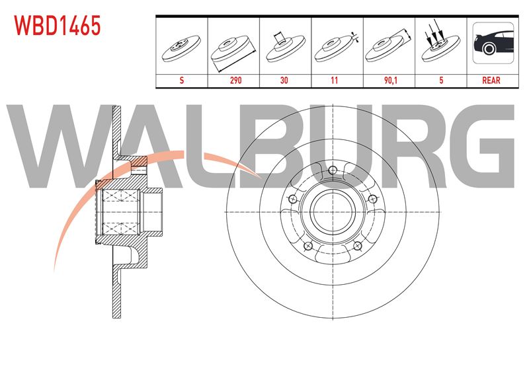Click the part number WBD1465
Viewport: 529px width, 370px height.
pos(58,26)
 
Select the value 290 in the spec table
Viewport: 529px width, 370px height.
pos(235,80)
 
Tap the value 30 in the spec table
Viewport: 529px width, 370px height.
pos(284,80)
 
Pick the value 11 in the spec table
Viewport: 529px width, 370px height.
pos(334,80)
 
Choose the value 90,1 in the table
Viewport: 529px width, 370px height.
pos(390,80)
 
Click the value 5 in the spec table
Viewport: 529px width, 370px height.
pos(441,80)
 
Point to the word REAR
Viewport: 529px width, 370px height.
pos(491,80)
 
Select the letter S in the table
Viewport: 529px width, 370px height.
pos(182,80)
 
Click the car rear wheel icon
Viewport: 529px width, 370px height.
pos(493,43)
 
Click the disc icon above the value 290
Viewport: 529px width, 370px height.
pos(233,51)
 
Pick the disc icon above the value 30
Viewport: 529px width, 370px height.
pos(285,46)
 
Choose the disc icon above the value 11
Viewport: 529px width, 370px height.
pos(336,47)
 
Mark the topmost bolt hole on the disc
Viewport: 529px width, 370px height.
pos(333,170)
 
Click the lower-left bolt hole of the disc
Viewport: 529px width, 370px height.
pos(308,246)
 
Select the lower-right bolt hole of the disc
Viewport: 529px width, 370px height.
pos(358,246)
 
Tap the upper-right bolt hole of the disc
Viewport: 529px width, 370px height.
pos(372,199)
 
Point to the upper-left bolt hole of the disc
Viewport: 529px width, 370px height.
pos(293,200)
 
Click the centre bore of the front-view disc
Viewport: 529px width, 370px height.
pos(333,212)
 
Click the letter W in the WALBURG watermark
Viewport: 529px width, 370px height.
pos(61,146)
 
